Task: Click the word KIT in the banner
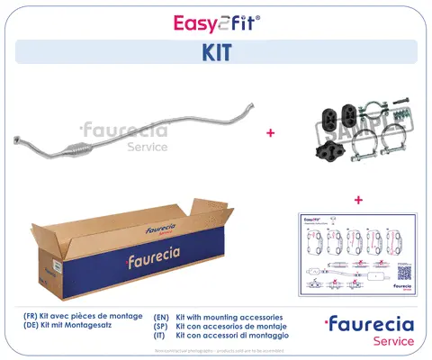coord(216,52)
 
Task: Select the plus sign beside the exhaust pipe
coord(270,131)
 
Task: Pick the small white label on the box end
coord(53,267)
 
